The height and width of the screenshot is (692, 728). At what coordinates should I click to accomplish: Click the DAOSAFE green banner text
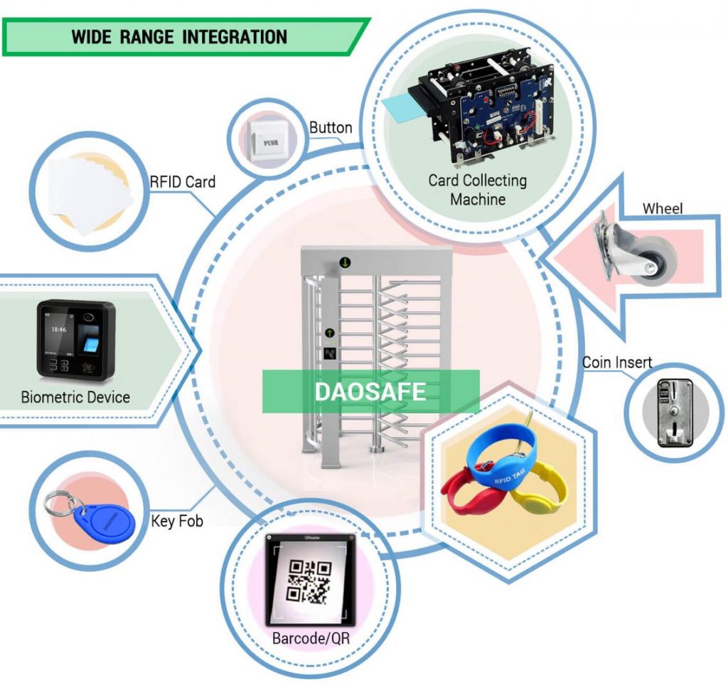(x=370, y=391)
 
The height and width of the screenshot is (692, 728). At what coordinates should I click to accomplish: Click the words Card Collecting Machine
(x=477, y=190)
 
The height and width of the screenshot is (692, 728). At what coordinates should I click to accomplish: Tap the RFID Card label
(x=182, y=182)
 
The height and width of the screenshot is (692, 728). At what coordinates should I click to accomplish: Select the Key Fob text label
(x=177, y=521)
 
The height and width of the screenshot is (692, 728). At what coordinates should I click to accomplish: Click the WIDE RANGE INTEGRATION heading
(x=178, y=37)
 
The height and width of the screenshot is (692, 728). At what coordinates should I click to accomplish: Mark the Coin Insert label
(x=616, y=362)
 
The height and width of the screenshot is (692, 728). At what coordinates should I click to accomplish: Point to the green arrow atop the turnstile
(x=345, y=263)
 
